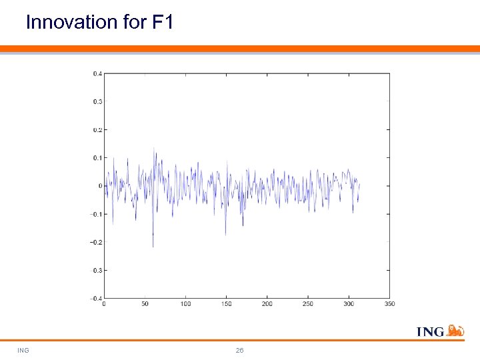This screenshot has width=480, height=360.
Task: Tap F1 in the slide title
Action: tap(163, 22)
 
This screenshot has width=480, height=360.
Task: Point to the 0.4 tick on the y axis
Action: tap(97, 73)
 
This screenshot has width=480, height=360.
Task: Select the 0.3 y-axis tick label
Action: tap(97, 101)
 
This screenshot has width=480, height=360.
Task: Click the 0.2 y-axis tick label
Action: tap(97, 129)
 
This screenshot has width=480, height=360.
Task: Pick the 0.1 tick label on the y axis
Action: tap(97, 157)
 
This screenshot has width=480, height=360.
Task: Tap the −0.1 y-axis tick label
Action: tap(96, 214)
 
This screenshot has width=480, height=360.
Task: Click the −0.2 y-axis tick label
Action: tap(96, 242)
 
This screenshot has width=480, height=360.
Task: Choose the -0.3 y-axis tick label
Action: tap(96, 270)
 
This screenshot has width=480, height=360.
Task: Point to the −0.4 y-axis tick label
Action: tap(96, 298)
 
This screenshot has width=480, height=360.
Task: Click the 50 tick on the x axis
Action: tap(145, 304)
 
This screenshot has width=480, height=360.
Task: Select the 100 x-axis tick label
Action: tap(185, 304)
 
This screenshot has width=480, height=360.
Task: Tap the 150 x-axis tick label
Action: tap(226, 304)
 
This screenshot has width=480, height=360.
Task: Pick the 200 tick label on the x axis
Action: tap(267, 304)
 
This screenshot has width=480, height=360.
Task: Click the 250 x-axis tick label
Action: tap(308, 304)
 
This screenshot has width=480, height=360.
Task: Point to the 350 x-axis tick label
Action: tap(389, 304)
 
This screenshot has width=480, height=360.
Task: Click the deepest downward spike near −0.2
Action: tap(153, 246)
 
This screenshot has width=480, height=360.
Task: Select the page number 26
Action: tap(240, 351)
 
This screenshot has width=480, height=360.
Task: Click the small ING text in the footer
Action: tap(23, 351)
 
